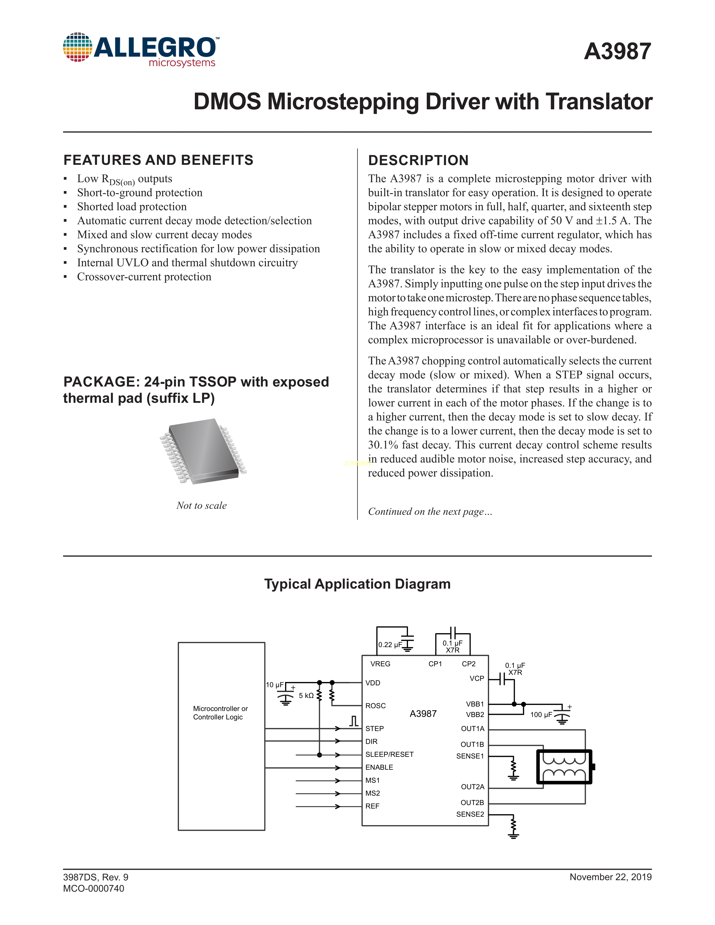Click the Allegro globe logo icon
click(x=77, y=47)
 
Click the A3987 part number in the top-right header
click(x=617, y=52)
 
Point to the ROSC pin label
click(x=375, y=706)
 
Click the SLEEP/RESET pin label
click(x=389, y=754)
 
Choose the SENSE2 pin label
click(x=470, y=814)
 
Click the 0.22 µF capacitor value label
click(x=390, y=645)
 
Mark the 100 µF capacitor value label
click(x=541, y=714)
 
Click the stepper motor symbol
click(x=564, y=767)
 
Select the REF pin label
click(x=372, y=806)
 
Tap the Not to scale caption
click(x=202, y=505)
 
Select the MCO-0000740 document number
click(x=94, y=888)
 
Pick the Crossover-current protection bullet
click(x=144, y=277)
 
